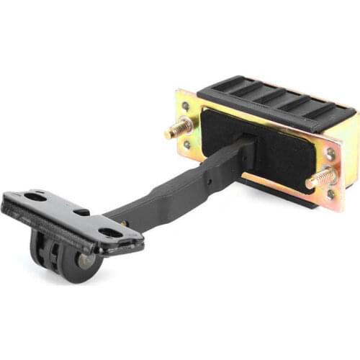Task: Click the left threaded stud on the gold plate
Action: (x=178, y=128)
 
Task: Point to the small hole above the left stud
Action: (x=185, y=106)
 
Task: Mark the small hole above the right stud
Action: (x=330, y=153)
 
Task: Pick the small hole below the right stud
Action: (x=330, y=193)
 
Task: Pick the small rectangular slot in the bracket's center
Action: (x=82, y=212)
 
